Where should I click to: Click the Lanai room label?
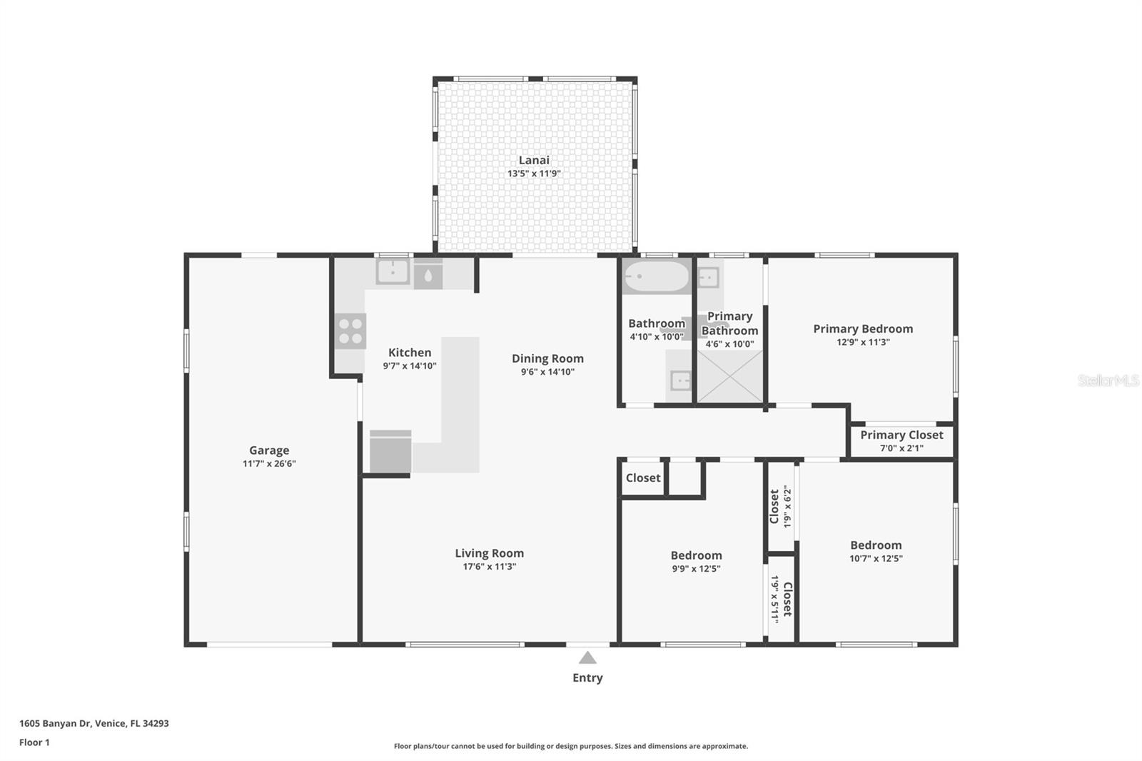(534, 160)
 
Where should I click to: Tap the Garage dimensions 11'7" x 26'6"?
(269, 463)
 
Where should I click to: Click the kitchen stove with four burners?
(350, 331)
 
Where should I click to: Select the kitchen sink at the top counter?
(393, 272)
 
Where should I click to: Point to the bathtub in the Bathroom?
(657, 276)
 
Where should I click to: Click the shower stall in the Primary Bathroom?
(730, 376)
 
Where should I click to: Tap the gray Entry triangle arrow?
(587, 657)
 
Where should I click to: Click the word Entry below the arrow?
(587, 678)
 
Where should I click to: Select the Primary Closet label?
(901, 435)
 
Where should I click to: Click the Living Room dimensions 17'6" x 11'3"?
(490, 567)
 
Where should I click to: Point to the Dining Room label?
(547, 358)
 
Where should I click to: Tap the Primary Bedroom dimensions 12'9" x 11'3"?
(863, 342)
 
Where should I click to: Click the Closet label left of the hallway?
(643, 478)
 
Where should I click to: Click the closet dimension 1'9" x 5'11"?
(774, 600)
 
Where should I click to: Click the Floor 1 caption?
(34, 742)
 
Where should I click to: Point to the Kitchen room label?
(410, 353)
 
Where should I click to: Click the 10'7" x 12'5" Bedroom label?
(876, 545)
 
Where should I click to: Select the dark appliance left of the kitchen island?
(390, 452)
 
